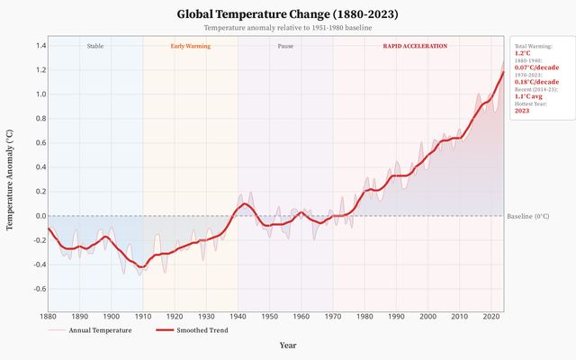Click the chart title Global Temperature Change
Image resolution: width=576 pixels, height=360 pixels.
point(288,14)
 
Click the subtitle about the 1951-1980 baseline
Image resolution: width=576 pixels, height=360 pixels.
point(288,29)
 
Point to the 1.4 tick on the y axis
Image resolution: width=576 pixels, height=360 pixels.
point(40,45)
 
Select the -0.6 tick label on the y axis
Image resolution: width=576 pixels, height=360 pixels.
point(39,289)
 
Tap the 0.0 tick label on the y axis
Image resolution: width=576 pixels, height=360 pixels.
point(40,216)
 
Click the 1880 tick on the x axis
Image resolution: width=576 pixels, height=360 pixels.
point(48,316)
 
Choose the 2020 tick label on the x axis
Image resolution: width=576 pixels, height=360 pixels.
point(490,316)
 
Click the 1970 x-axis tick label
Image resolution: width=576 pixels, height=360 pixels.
point(333,316)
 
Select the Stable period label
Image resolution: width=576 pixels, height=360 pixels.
point(94,46)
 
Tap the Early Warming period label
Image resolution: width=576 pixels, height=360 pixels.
point(190,46)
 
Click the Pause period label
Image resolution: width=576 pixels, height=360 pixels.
point(285,46)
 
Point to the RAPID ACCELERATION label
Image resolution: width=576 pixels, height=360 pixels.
point(415,46)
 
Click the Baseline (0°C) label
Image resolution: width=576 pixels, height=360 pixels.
point(528,216)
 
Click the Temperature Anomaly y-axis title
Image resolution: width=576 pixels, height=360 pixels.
point(11,180)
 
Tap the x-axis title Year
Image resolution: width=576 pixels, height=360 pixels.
point(288,345)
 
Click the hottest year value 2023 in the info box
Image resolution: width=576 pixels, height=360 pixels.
point(523,111)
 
